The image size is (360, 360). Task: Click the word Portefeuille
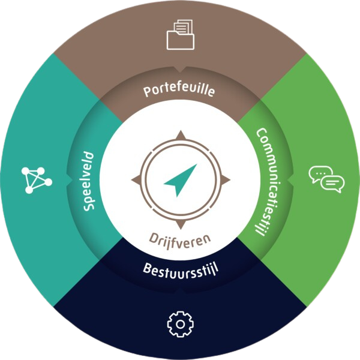coord(179,92)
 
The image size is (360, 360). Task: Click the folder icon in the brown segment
coord(180,35)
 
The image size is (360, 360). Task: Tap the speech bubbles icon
coord(327,179)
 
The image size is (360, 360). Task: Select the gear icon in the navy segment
coord(180,325)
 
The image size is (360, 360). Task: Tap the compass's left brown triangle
coord(136,179)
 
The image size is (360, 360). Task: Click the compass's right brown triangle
coord(224,179)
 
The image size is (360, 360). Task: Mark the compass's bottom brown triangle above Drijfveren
coord(180,224)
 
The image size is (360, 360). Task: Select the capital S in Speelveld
coord(90,206)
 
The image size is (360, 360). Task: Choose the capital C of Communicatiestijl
coord(260,134)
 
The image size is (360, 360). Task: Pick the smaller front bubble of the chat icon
coord(333,183)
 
